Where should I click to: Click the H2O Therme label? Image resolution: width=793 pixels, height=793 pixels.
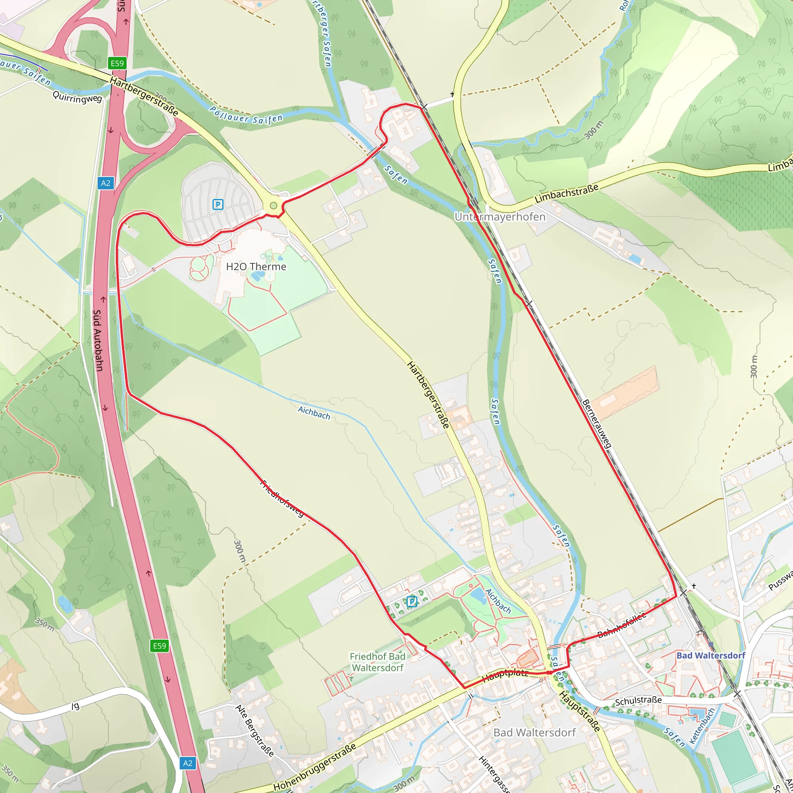[256, 267]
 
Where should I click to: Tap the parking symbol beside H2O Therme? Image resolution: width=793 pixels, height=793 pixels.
[218, 204]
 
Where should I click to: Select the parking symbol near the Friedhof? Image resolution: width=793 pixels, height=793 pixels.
[412, 602]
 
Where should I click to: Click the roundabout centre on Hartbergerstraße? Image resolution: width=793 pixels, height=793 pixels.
[274, 206]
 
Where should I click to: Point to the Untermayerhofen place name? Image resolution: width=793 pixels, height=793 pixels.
[500, 217]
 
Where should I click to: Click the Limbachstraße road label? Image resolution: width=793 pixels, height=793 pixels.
[566, 193]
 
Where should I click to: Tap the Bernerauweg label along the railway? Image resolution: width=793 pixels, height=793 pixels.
[597, 423]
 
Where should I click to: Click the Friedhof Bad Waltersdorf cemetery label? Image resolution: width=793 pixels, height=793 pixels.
[377, 662]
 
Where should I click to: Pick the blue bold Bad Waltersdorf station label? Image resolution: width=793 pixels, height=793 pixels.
[711, 656]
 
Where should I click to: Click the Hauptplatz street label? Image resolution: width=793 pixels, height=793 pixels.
[505, 675]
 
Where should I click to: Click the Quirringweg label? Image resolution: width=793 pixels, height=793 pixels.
[77, 98]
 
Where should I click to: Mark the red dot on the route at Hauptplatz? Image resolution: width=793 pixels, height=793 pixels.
[548, 673]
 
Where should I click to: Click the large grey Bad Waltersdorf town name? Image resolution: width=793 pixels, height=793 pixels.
[534, 733]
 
